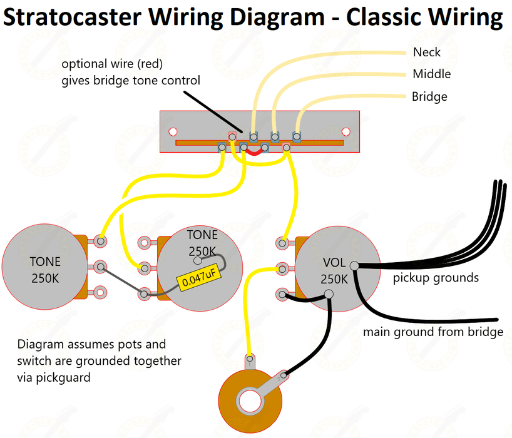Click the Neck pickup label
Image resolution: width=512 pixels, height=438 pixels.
click(x=426, y=53)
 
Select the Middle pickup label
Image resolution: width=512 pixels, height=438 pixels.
click(x=431, y=74)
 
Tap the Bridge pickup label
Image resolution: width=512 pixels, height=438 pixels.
click(x=429, y=97)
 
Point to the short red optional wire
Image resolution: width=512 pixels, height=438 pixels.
click(x=253, y=151)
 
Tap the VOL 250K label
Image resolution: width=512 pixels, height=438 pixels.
click(x=334, y=270)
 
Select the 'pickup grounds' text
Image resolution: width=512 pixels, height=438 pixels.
click(x=436, y=278)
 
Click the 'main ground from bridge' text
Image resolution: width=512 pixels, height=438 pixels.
click(x=433, y=332)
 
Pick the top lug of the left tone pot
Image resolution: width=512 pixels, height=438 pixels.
click(x=100, y=240)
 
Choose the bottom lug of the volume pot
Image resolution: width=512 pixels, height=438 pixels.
click(x=283, y=294)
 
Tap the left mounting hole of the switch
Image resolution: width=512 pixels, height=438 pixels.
click(x=171, y=131)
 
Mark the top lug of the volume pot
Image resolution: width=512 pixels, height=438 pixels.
click(x=282, y=242)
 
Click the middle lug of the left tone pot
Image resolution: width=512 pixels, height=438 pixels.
click(x=100, y=267)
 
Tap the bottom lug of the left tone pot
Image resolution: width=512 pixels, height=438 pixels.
click(x=100, y=291)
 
